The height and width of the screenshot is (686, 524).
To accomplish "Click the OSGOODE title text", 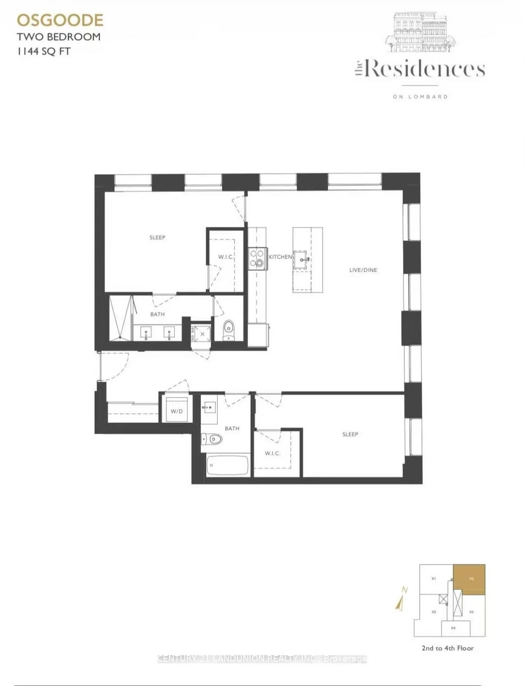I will click(x=60, y=20).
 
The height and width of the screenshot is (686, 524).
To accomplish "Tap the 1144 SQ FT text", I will click(x=44, y=51).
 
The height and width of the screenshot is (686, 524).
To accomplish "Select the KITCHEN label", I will click(x=281, y=257).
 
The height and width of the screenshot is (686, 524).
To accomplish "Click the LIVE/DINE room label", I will click(x=363, y=270).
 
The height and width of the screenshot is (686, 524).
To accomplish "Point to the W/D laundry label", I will click(x=176, y=411).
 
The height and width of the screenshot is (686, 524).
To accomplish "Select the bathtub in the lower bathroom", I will click(x=228, y=465).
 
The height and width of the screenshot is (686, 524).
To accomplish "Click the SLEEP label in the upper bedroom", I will click(x=157, y=237).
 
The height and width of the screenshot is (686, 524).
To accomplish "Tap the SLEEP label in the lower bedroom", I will click(x=350, y=434).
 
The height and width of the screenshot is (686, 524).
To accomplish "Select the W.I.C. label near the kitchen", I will click(x=225, y=257).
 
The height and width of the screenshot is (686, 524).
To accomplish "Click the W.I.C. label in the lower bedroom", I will click(x=272, y=453).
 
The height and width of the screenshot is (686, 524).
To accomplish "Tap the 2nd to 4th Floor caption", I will click(x=448, y=648).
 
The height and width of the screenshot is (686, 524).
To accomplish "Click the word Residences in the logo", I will click(x=424, y=69).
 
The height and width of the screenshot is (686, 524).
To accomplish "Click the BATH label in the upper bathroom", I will click(x=157, y=314).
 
